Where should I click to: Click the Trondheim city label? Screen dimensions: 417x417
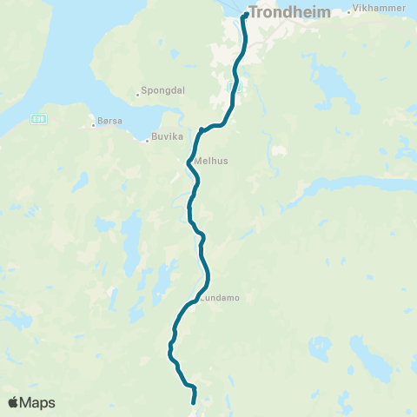[x=285, y=13]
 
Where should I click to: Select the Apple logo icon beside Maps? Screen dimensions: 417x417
[x=14, y=402]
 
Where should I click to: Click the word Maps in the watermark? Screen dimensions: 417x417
[x=38, y=403]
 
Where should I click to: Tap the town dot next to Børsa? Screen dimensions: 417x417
[x=94, y=125]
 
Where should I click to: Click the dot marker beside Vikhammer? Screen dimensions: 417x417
[x=349, y=12]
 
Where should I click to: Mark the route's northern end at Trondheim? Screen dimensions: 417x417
[x=246, y=15]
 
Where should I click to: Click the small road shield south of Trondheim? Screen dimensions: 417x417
[x=232, y=87]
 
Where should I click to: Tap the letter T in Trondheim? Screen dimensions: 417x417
[x=253, y=13]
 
